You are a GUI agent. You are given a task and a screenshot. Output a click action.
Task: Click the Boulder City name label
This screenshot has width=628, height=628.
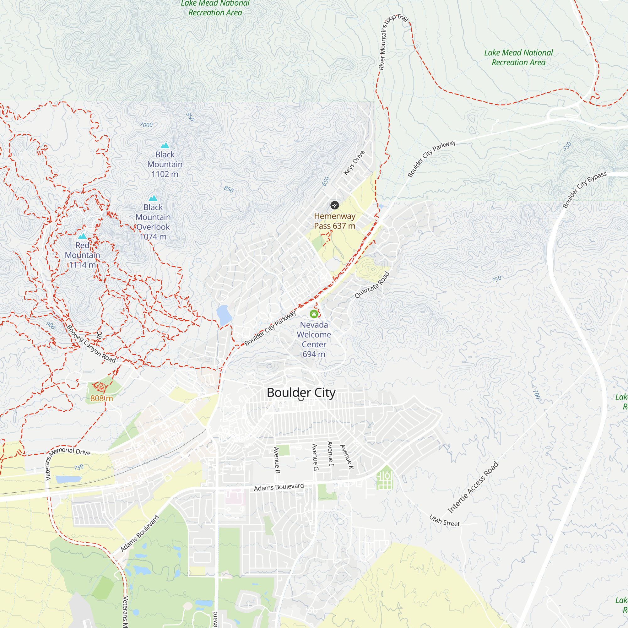301,393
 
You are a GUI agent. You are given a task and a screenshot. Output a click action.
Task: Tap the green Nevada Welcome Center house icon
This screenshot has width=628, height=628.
314,314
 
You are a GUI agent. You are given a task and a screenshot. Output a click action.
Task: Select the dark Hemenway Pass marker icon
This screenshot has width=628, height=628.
334,205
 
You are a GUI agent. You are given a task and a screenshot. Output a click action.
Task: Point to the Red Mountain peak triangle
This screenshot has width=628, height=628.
83,236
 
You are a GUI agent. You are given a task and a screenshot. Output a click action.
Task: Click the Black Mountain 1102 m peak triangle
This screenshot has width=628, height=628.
165,145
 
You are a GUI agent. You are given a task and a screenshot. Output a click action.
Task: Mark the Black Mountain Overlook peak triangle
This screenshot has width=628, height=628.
153,198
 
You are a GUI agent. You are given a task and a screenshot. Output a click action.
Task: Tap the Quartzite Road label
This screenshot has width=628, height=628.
372,285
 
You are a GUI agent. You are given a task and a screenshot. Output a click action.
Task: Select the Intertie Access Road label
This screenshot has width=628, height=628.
473,487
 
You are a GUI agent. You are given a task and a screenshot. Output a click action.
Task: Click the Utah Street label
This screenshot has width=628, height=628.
444,520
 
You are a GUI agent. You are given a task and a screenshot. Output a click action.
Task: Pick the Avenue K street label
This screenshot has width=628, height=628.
347,457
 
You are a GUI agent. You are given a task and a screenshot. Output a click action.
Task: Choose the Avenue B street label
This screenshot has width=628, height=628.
277,460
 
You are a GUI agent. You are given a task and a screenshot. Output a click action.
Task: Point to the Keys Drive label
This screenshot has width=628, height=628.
354,163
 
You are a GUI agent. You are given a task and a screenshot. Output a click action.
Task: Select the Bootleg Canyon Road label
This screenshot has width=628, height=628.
91,344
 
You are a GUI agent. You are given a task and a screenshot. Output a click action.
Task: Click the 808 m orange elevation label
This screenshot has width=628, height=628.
101,398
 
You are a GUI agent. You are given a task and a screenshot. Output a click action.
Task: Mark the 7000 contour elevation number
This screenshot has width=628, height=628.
146,125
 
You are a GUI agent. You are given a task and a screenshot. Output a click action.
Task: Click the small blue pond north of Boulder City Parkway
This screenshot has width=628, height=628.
224,315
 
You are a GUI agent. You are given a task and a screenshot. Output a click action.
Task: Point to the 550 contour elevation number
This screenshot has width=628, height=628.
567,146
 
